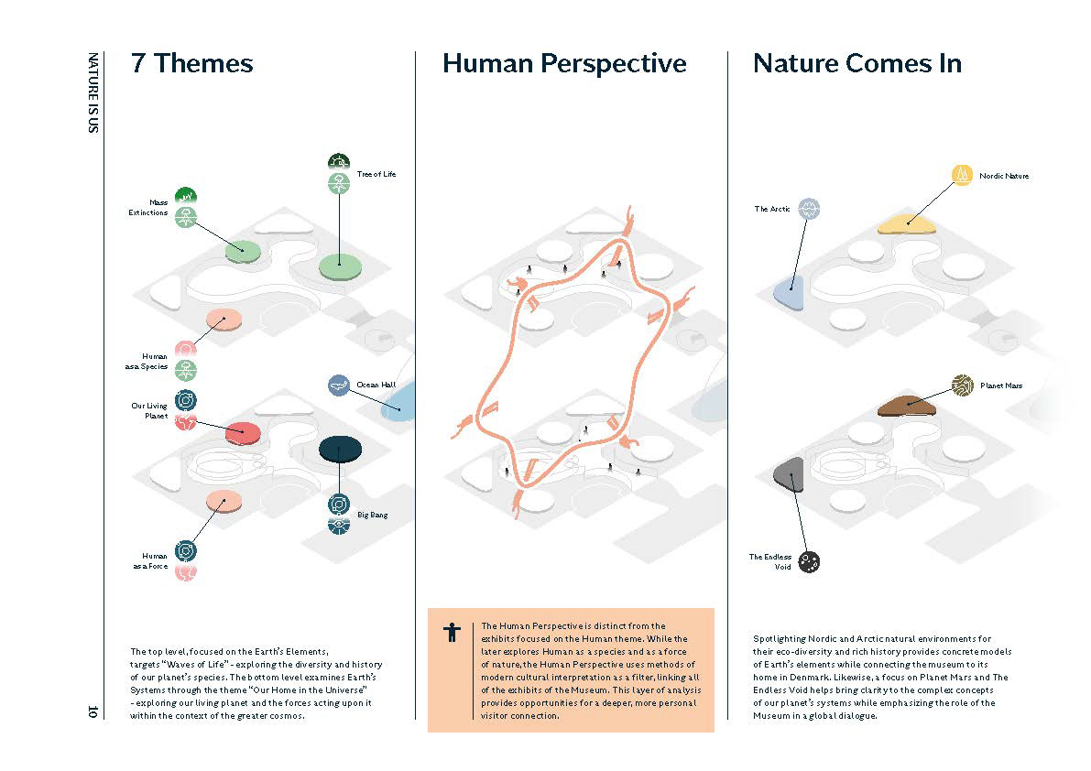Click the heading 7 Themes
point(192,63)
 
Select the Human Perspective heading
point(564,64)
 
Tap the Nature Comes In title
point(857,63)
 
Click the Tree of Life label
point(376,175)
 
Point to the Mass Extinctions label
point(148,207)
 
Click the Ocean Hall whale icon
point(339,385)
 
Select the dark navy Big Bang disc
point(340,449)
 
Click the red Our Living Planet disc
point(243,433)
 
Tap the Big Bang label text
point(372,516)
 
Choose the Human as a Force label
point(150,561)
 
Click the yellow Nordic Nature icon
point(962,175)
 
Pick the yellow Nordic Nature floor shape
point(906,224)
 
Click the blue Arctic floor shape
point(790,291)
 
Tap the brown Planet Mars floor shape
point(906,406)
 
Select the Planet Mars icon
point(962,385)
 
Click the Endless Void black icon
point(809,561)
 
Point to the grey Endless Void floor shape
point(790,474)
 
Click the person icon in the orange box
point(453,632)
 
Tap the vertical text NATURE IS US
point(93,92)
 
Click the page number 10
point(93,711)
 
